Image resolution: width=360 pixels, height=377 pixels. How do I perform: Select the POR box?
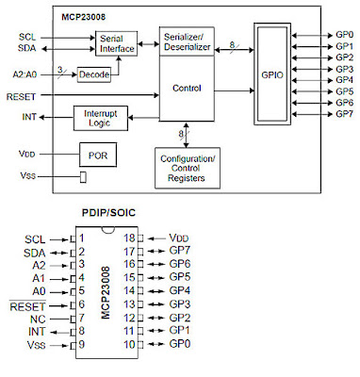tap(94, 155)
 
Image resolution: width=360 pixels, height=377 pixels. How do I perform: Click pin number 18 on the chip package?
tap(129, 239)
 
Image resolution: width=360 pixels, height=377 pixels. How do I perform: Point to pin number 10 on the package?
tap(129, 345)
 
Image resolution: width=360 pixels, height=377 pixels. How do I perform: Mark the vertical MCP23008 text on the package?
tap(106, 292)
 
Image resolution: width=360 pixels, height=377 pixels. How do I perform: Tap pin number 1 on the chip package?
tap(83, 239)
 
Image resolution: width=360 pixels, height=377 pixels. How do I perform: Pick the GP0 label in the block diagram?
tap(344, 35)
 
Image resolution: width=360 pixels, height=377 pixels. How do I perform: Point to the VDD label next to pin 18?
tap(178, 239)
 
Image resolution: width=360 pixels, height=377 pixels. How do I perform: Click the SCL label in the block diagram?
tap(27, 36)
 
